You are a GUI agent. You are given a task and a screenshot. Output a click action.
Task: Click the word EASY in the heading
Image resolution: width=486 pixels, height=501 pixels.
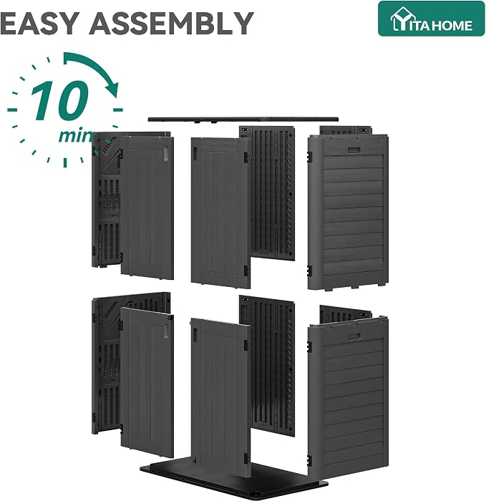pos(39,24)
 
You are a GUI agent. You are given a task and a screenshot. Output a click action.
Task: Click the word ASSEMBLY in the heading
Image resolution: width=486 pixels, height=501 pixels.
pos(171,24)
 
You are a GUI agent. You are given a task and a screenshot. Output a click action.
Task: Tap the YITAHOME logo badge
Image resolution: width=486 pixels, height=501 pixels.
pos(431,19)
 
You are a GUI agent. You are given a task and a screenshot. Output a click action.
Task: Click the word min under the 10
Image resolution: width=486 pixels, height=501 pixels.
pos(75,135)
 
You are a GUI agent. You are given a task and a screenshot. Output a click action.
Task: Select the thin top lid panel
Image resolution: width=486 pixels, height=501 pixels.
pos(243,120)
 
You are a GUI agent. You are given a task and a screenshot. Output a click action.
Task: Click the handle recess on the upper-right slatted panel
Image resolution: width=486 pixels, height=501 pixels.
pos(354,150)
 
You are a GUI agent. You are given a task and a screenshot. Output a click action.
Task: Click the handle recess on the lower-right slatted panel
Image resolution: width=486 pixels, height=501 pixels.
pos(354,336)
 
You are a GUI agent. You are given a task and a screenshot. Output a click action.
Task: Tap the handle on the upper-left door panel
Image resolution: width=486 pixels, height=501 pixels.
pos(166,153)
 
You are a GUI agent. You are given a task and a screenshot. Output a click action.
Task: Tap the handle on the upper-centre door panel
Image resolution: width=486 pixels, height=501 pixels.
pos(195,152)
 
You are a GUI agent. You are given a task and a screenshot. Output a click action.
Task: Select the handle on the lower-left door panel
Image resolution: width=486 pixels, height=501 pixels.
pos(166,331)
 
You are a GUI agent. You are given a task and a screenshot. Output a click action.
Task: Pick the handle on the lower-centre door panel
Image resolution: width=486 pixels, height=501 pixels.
pos(195,334)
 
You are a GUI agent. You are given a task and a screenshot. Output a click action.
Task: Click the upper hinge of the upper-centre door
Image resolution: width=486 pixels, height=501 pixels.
pos(246,157)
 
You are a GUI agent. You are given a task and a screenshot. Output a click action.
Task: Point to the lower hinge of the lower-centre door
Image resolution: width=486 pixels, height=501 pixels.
pos(246,458)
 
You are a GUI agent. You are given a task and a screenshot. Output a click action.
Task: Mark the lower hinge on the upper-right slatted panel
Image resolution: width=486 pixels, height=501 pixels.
pos(310,271)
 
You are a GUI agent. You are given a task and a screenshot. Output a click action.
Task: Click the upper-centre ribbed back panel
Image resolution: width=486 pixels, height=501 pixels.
pos(271,192)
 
